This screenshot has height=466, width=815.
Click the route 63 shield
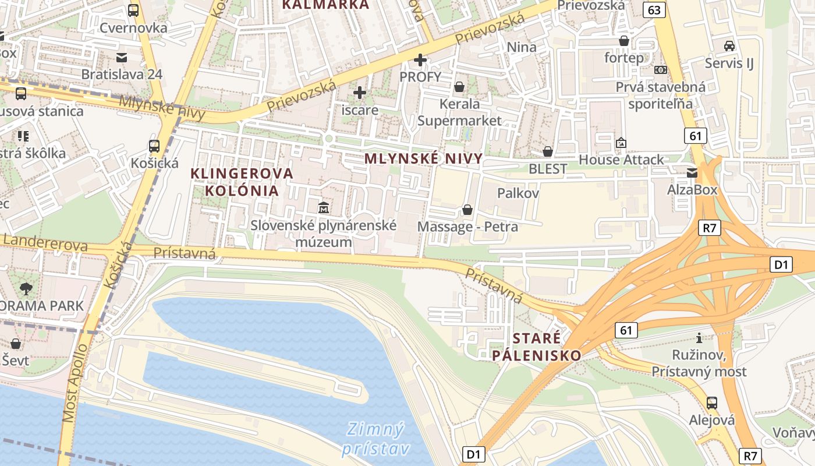point(654,9)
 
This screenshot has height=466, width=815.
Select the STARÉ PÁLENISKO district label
point(537,347)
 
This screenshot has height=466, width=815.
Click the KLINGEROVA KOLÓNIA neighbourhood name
point(242,182)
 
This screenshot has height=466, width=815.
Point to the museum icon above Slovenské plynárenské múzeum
point(323,208)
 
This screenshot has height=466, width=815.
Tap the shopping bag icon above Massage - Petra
point(467,210)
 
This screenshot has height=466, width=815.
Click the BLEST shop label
point(547,169)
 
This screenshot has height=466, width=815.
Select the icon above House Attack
point(621,143)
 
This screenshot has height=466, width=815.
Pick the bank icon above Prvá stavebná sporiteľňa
point(660,70)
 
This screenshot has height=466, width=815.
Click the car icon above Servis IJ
point(729,45)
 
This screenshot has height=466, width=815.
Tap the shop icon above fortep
point(624,41)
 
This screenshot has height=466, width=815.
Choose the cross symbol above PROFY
point(420,59)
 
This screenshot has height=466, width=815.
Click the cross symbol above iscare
point(360,92)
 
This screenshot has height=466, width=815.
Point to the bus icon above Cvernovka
point(133,10)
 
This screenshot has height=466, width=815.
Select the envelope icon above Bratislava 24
point(122,57)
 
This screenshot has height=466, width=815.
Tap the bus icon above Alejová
point(711,403)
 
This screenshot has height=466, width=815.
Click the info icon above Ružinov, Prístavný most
point(699,338)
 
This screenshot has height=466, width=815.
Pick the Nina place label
point(522,47)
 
